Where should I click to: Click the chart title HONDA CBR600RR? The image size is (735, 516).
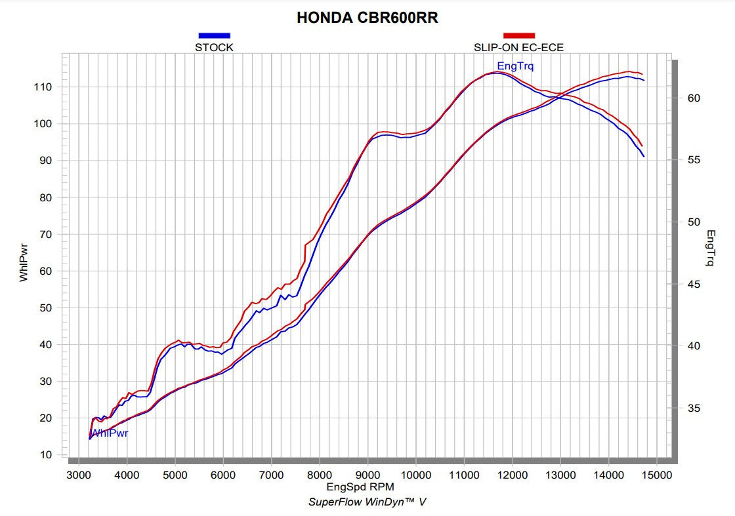coord(367,18)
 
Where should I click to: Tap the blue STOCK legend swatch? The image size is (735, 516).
coord(214,35)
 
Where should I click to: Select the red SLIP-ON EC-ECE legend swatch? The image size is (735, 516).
coord(518,35)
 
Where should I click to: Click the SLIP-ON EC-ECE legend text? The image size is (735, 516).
coord(518,47)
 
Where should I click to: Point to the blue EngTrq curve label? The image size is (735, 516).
coord(515,66)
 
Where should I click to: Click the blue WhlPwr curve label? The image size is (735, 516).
coord(110,433)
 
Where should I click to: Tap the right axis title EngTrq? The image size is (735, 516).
coord(711,248)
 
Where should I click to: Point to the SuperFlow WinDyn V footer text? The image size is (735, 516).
coord(367,502)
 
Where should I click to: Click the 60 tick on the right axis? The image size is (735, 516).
coord(694,98)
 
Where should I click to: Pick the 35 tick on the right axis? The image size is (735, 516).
coord(694,408)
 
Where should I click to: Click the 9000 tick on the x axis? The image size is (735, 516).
coord(367,475)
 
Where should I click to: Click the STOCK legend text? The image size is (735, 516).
coord(214,47)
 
